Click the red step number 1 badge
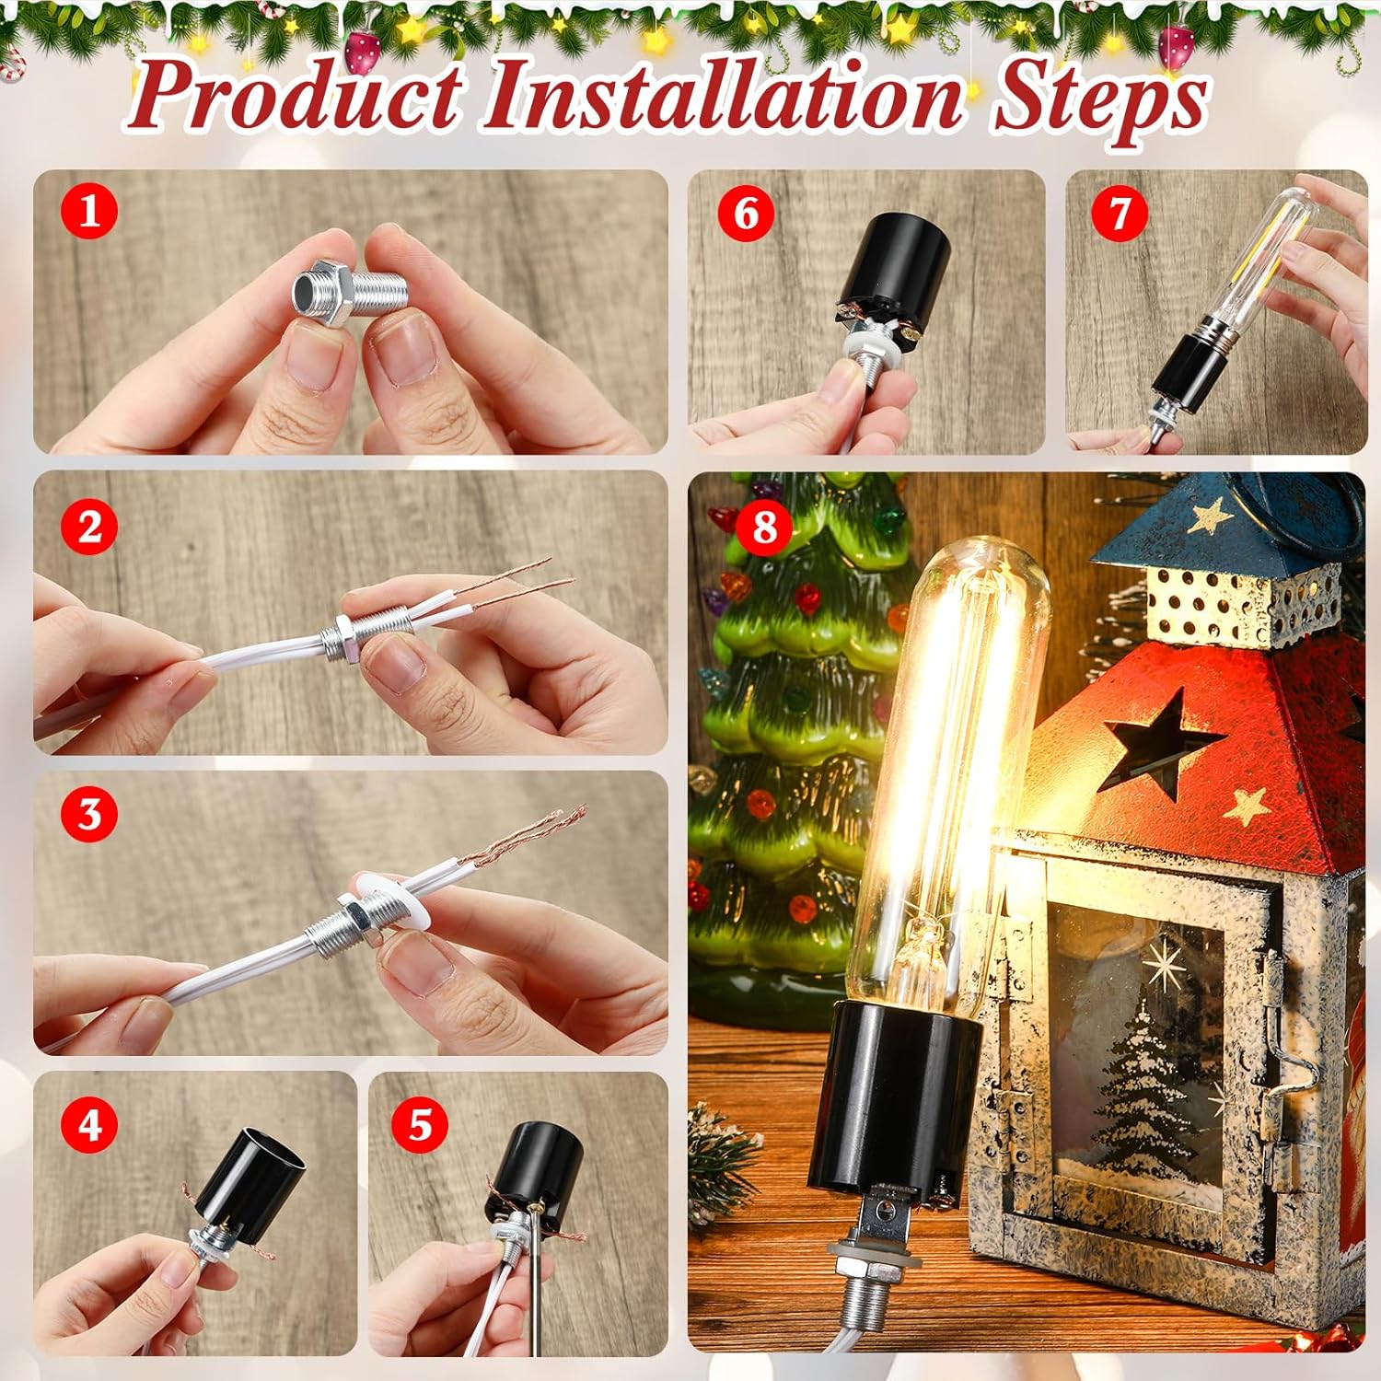[89, 212]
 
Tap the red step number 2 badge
[89, 528]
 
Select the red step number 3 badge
[89, 814]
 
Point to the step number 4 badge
[89, 1124]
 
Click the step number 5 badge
[420, 1124]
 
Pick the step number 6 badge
[746, 214]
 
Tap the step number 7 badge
[1119, 214]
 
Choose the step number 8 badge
[765, 528]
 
